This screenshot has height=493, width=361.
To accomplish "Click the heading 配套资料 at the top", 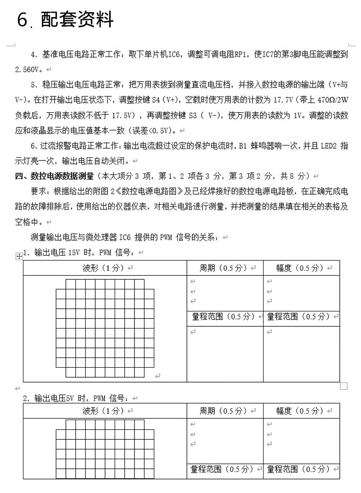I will pos(77,19).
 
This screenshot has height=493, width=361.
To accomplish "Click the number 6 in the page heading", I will pos(23,20).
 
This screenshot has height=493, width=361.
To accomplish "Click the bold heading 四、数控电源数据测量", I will pos(55,176).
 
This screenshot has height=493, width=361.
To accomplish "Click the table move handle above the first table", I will pos(19,256).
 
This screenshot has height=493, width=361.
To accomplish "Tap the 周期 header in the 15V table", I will pos(223,268).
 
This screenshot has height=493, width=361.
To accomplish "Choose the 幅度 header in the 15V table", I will pos(300,268).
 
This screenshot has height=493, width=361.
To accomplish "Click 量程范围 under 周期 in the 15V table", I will pos(223,316).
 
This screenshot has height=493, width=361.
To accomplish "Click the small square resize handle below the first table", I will pos(343,386).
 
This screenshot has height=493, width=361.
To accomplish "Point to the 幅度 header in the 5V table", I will pos(300,411).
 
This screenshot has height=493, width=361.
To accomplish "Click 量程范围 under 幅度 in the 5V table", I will pos(300,469).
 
